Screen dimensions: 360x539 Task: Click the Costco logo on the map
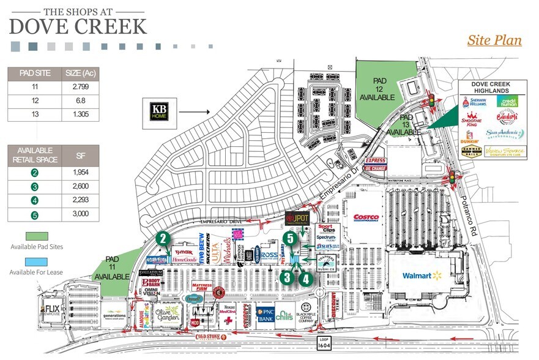pyautogui.click(x=366, y=217)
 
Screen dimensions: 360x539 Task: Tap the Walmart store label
pyautogui.click(x=422, y=276)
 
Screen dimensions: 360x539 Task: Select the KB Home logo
pyautogui.click(x=158, y=113)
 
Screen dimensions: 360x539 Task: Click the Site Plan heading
pyautogui.click(x=494, y=40)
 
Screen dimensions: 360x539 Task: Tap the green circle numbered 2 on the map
pyautogui.click(x=162, y=239)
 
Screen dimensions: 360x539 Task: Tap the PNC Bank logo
pyautogui.click(x=264, y=313)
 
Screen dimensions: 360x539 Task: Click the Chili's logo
pyautogui.click(x=284, y=314)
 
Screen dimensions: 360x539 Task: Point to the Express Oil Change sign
pyautogui.click(x=374, y=164)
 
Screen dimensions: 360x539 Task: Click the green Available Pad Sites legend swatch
pyautogui.click(x=37, y=236)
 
